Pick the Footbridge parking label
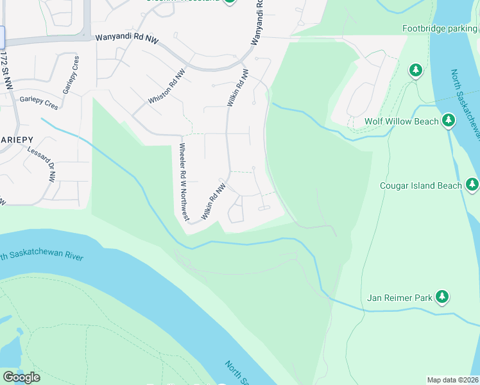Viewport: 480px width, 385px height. (440, 28)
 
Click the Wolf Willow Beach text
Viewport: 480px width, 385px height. (402, 121)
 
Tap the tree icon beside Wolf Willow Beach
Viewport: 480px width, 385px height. (448, 121)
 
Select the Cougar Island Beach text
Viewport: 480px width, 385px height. (421, 185)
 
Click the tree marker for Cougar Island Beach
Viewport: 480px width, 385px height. (472, 185)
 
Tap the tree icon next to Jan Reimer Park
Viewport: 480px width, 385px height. (441, 296)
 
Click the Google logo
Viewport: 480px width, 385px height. (21, 377)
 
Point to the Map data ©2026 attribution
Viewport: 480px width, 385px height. (452, 380)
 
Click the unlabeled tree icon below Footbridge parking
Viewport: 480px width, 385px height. (416, 69)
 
